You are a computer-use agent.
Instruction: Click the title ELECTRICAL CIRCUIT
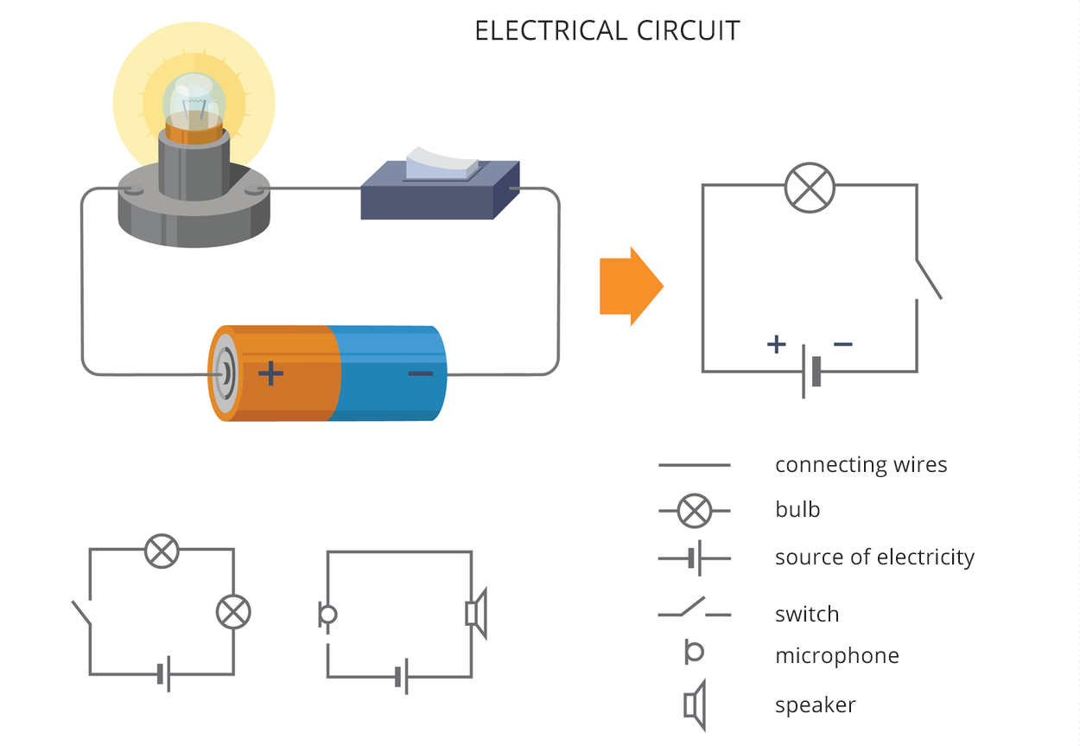[x=607, y=30]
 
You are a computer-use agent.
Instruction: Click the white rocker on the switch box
[x=442, y=163]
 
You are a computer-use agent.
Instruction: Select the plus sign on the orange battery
[x=270, y=373]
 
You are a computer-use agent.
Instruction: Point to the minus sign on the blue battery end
[x=420, y=373]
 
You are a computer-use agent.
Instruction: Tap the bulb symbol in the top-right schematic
[x=810, y=188]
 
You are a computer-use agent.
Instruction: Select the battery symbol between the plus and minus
[x=810, y=372]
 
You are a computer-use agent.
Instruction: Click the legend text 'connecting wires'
[x=861, y=465]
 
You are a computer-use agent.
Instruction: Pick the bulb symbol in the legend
[x=694, y=511]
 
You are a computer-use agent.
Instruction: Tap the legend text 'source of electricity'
[x=874, y=558]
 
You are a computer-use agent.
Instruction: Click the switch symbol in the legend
[x=694, y=609]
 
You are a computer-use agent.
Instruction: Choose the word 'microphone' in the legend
[x=836, y=656]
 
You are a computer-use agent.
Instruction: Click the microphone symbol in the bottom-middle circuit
[x=327, y=615]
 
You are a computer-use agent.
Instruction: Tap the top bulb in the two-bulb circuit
[x=161, y=551]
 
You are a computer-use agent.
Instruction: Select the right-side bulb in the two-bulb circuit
[x=232, y=612]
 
